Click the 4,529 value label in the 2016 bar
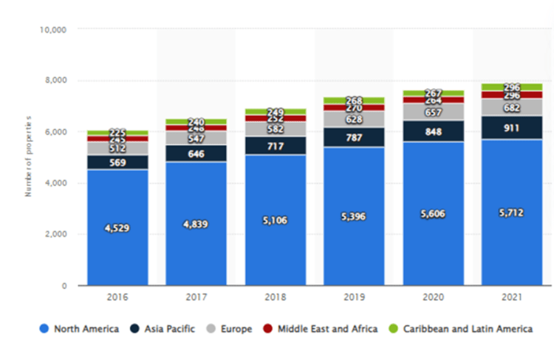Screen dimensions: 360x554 117,229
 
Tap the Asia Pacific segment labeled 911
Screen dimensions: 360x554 512,127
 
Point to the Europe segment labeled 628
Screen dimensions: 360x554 354,119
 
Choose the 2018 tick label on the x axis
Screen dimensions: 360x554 275,299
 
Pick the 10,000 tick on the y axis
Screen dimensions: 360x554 52,30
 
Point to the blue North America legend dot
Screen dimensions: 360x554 44,329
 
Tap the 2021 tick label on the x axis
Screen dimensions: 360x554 512,299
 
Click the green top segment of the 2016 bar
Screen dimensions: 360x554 117,132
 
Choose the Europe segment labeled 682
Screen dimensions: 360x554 512,107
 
